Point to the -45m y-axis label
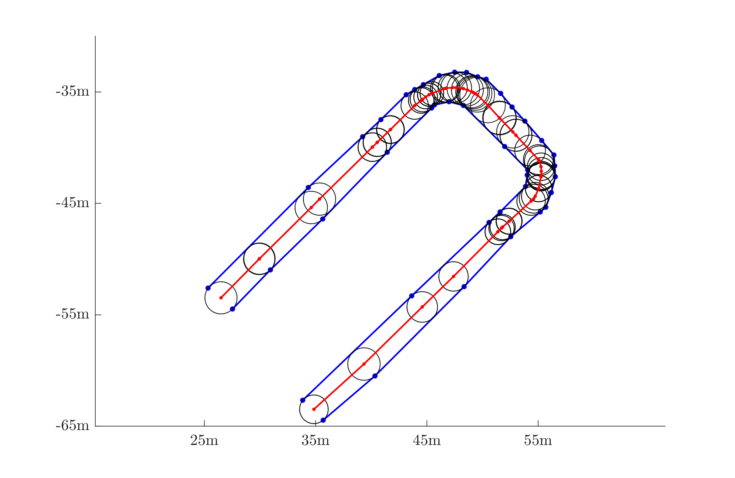(x=72, y=203)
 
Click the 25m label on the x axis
(x=204, y=440)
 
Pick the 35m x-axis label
(x=315, y=440)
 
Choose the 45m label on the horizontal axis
(x=427, y=440)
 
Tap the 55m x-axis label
(x=538, y=440)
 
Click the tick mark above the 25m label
(x=204, y=423)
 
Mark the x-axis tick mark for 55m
(x=538, y=423)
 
